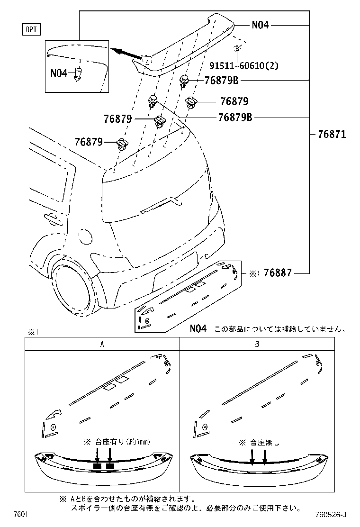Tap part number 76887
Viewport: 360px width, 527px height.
pos(278,273)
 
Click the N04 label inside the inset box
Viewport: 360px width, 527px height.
pos(59,73)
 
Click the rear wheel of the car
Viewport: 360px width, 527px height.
pos(73,288)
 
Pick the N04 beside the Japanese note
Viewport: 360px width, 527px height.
pos(198,328)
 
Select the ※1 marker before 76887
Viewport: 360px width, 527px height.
pos(254,273)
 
